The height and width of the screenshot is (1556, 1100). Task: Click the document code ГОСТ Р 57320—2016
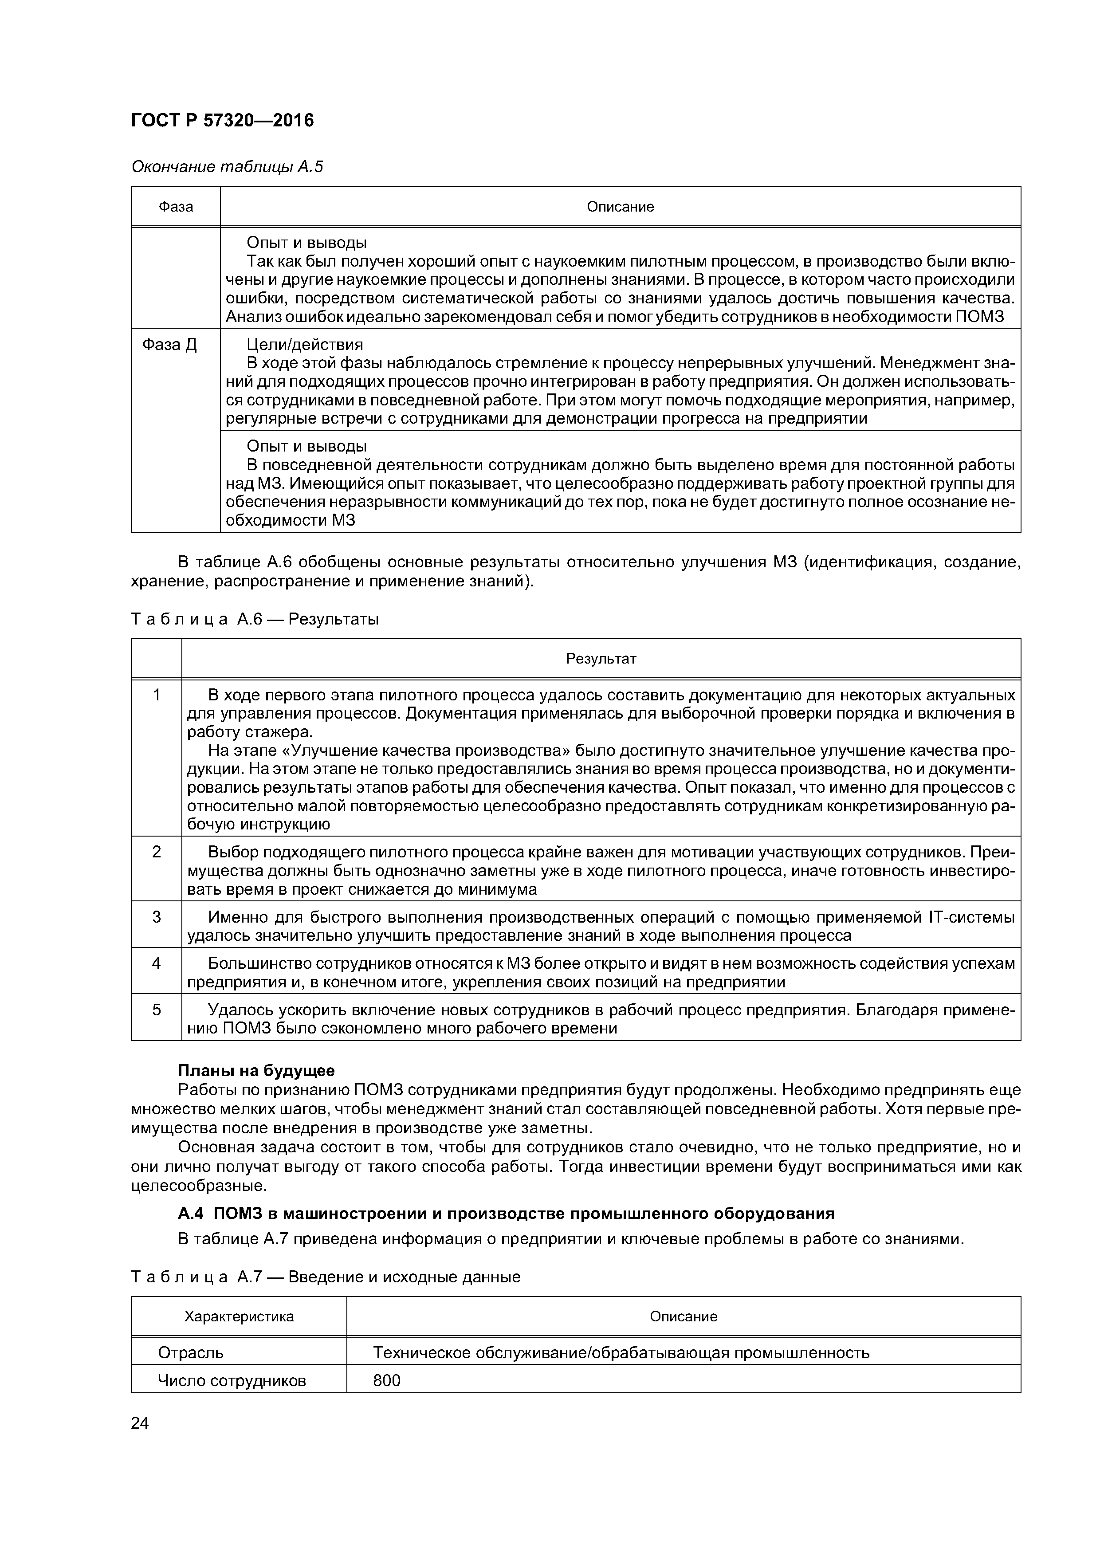(x=222, y=121)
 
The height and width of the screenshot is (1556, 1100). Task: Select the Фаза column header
(x=176, y=207)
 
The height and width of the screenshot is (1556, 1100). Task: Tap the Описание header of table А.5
(x=620, y=207)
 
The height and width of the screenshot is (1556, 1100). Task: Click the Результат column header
(x=601, y=659)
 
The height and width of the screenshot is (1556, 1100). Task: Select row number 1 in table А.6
(x=157, y=695)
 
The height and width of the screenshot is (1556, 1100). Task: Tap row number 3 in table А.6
(x=157, y=917)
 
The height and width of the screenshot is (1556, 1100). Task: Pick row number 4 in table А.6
(x=157, y=963)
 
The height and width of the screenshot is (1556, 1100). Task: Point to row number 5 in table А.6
(x=157, y=1010)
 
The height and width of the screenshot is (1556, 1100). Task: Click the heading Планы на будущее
(x=256, y=1071)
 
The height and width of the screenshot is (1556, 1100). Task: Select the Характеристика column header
(x=239, y=1316)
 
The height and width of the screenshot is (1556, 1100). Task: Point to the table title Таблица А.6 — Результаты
(x=255, y=619)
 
